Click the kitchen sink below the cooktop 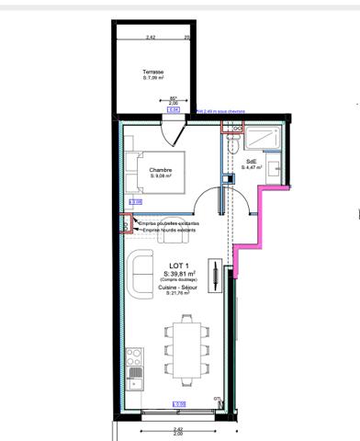pos(135,374)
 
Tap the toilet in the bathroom pos(233,150)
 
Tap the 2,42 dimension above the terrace pos(150,38)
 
